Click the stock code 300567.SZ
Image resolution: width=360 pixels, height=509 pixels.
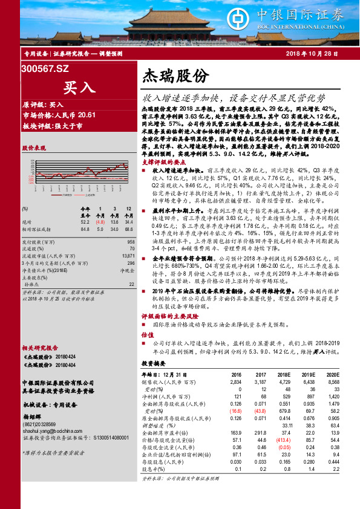point(45,70)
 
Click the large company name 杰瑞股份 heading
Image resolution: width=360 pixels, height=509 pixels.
point(175,76)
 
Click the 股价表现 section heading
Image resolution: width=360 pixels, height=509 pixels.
point(34,148)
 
